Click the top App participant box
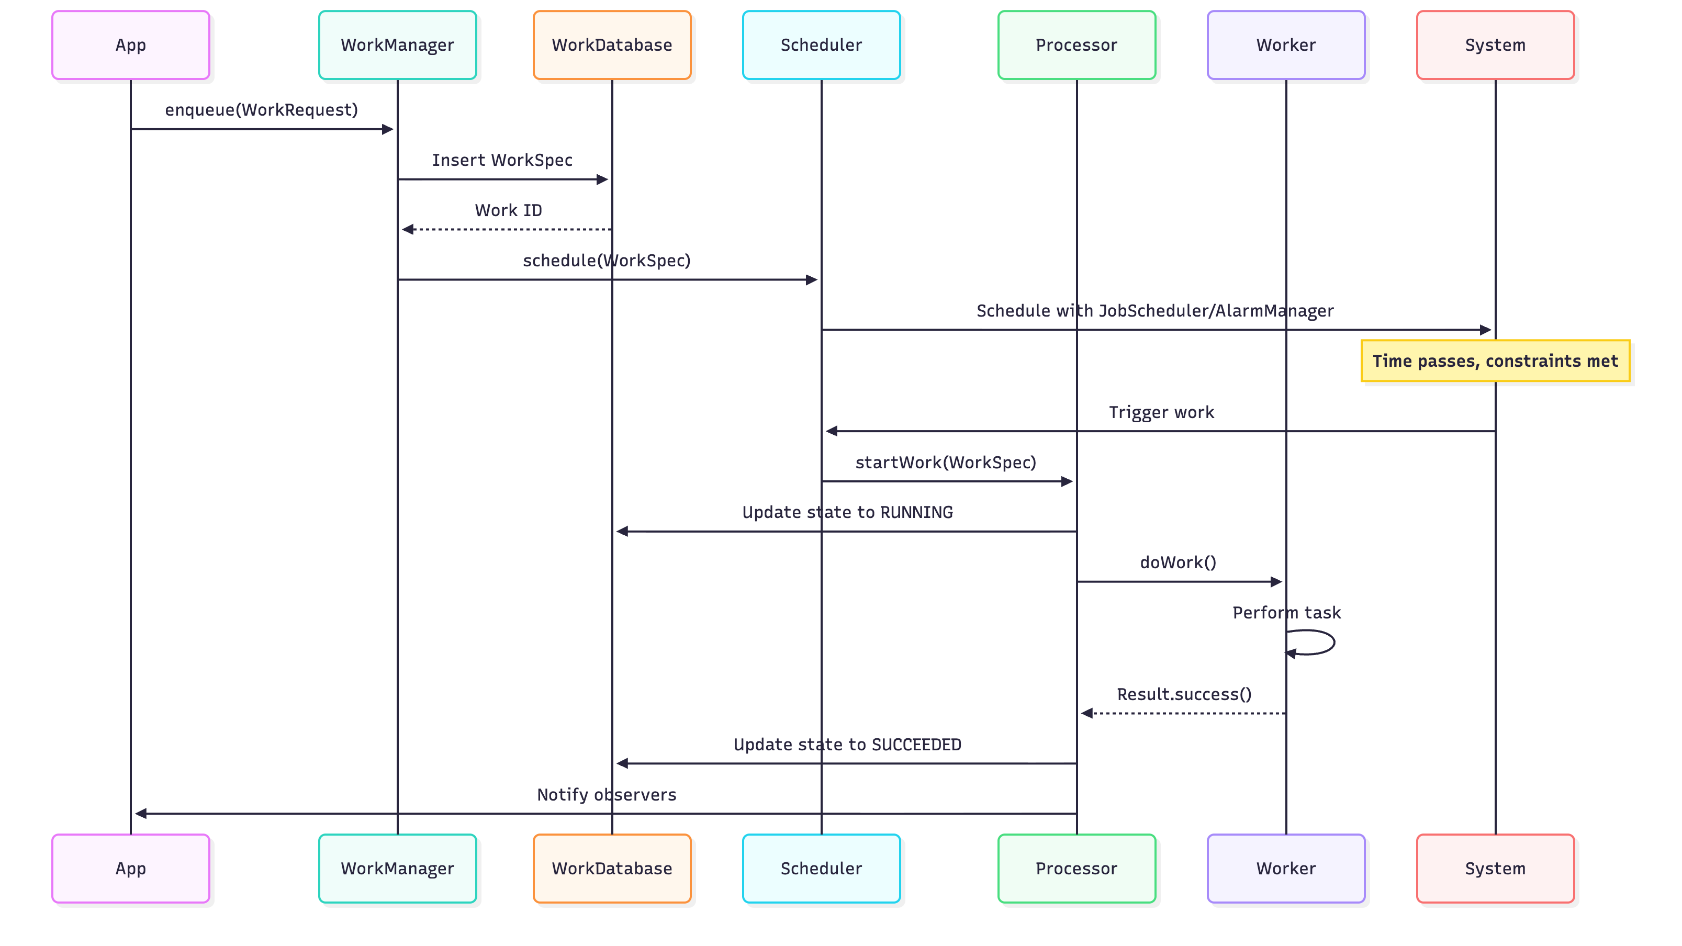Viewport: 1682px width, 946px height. click(131, 45)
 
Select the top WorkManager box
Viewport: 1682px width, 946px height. click(397, 45)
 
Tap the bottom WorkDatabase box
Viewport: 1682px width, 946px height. click(612, 869)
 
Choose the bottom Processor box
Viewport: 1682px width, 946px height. click(1076, 869)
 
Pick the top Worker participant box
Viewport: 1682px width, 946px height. click(1286, 45)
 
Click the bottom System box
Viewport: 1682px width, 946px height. click(1495, 869)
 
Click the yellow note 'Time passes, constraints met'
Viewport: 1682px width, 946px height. click(1495, 361)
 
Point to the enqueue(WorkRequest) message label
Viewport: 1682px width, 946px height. click(261, 110)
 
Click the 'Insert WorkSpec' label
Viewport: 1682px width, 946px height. click(502, 160)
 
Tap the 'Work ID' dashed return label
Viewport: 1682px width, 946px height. click(508, 210)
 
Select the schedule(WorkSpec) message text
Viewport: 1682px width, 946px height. click(607, 261)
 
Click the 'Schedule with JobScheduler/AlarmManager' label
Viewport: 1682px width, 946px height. click(1154, 311)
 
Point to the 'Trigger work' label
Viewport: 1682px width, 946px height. click(1161, 413)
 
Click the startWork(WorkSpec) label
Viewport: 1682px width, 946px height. click(946, 462)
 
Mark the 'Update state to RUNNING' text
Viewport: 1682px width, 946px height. click(847, 512)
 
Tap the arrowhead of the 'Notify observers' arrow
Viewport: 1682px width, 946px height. click(140, 814)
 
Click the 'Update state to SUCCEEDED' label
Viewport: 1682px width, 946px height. click(847, 745)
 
